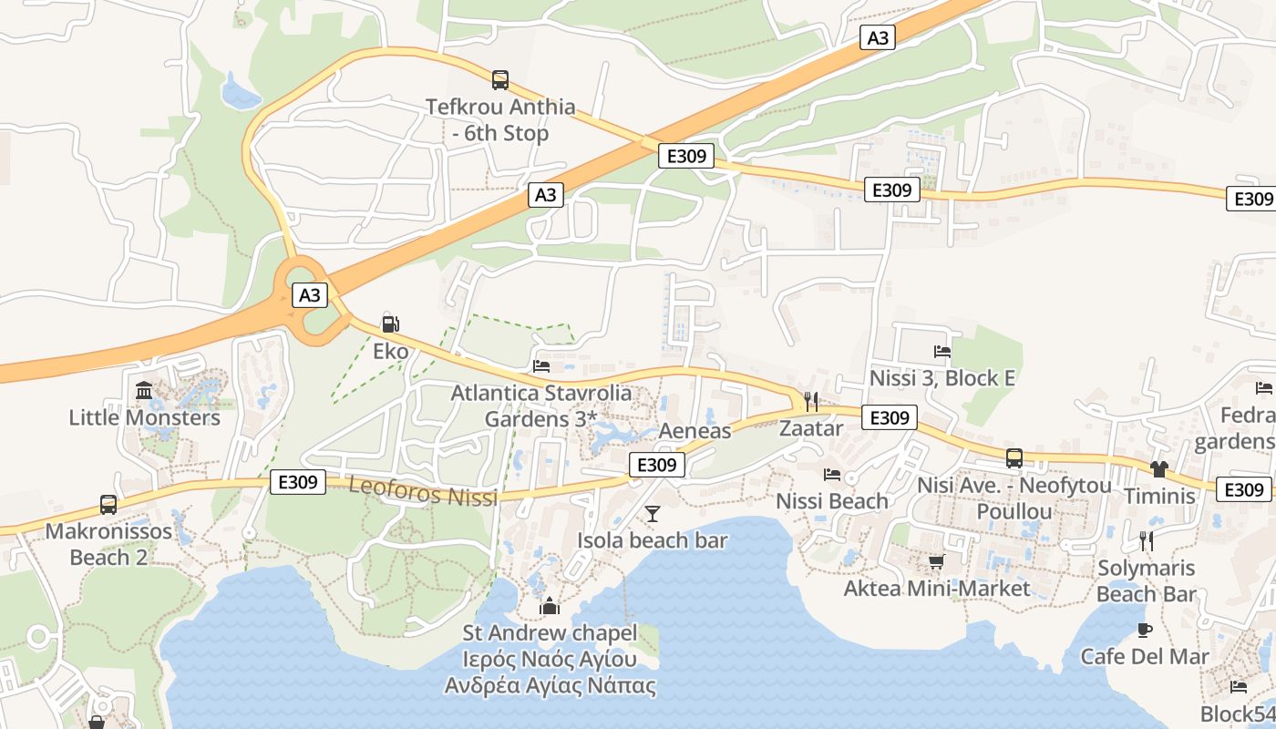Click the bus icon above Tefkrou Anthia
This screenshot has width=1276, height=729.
[x=500, y=80]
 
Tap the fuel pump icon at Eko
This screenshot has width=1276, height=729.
[x=390, y=323]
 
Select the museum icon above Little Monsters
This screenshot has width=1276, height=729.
[x=144, y=391]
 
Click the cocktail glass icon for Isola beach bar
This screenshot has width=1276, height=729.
[x=653, y=514]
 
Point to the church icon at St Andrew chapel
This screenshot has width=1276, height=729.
[x=550, y=606]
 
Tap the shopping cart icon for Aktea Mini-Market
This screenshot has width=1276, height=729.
[x=936, y=561]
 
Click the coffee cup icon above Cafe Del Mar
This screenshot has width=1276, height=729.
[x=1145, y=630]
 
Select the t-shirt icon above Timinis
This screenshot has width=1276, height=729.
[x=1158, y=469]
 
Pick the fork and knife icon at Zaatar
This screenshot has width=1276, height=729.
[x=810, y=401]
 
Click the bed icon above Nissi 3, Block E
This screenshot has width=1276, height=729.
[x=942, y=351]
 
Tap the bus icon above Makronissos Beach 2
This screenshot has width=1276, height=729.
[x=108, y=504]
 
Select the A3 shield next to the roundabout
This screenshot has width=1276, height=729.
[x=310, y=295]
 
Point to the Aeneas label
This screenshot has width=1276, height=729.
[x=695, y=430]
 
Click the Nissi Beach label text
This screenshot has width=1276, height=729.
[x=831, y=501]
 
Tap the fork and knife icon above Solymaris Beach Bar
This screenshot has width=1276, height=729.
[x=1146, y=540]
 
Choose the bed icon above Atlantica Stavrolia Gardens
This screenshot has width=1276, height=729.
[x=541, y=366]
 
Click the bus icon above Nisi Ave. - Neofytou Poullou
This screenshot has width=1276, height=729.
[x=1014, y=458]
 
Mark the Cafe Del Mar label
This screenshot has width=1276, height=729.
[x=1145, y=656]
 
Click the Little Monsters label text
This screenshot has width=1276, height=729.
[x=145, y=417]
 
